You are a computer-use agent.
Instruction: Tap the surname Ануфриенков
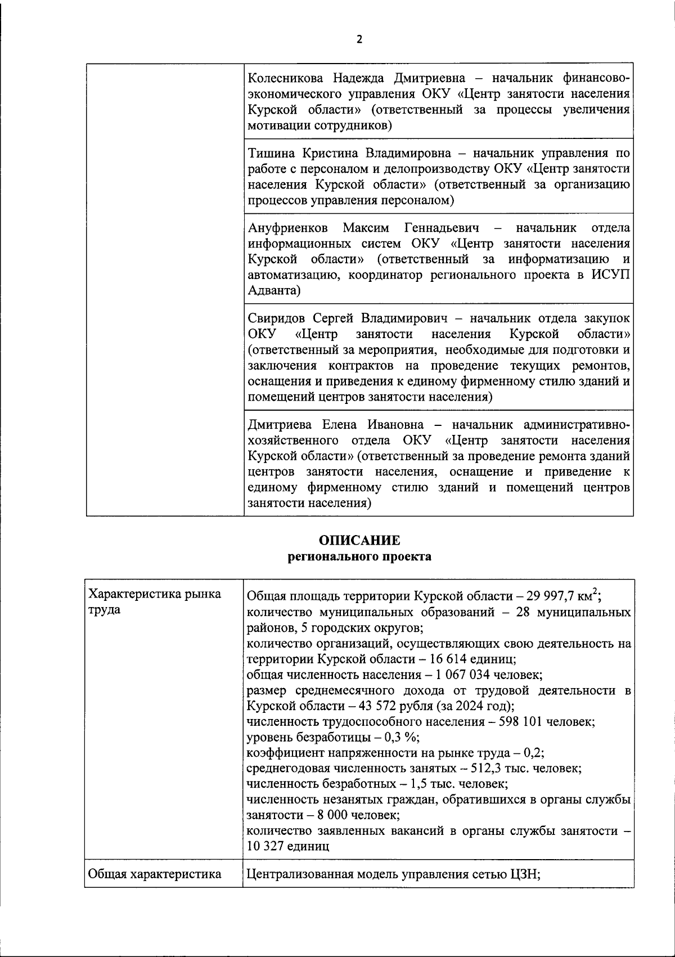pyautogui.click(x=287, y=228)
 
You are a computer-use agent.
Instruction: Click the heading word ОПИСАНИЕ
pyautogui.click(x=359, y=541)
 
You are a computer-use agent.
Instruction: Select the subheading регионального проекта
pyautogui.click(x=359, y=557)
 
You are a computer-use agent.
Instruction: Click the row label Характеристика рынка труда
pyautogui.click(x=155, y=602)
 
